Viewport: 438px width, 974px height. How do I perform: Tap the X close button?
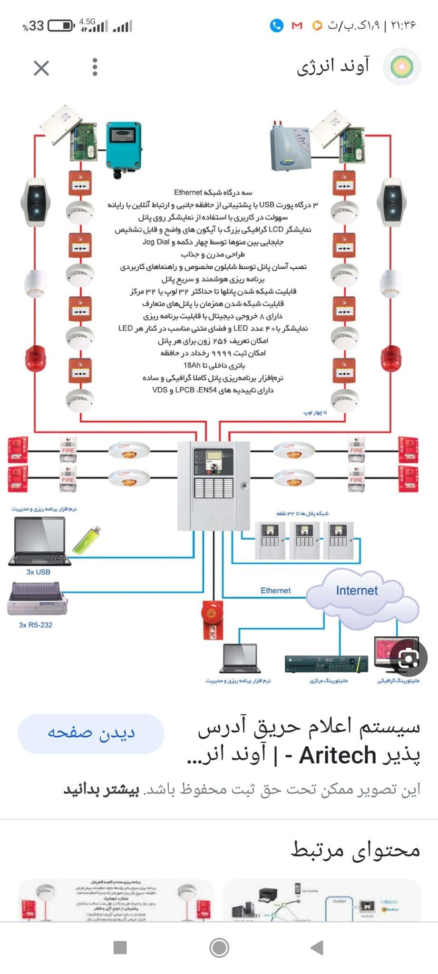pyautogui.click(x=41, y=68)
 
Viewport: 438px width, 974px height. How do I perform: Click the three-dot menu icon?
pyautogui.click(x=95, y=67)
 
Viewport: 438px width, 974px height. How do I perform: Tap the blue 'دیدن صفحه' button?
pyautogui.click(x=91, y=733)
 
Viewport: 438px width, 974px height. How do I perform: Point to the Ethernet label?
pyautogui.click(x=275, y=590)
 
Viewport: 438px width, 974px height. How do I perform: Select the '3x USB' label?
pyautogui.click(x=38, y=572)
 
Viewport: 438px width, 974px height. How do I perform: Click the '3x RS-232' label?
pyautogui.click(x=36, y=624)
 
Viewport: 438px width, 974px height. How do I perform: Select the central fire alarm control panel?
pyautogui.click(x=214, y=485)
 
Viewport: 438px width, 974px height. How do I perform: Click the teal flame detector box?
pyautogui.click(x=123, y=146)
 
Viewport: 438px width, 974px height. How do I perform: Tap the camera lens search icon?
pyautogui.click(x=409, y=658)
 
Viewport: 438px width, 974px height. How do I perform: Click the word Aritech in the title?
pyautogui.click(x=337, y=755)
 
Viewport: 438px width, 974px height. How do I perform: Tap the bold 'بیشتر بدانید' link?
pyautogui.click(x=101, y=789)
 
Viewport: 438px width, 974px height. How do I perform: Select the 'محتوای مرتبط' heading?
pyautogui.click(x=355, y=849)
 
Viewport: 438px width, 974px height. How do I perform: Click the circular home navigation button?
pyautogui.click(x=219, y=947)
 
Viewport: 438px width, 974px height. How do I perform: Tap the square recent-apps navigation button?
pyautogui.click(x=120, y=947)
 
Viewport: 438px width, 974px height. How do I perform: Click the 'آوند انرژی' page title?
pyautogui.click(x=333, y=67)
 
